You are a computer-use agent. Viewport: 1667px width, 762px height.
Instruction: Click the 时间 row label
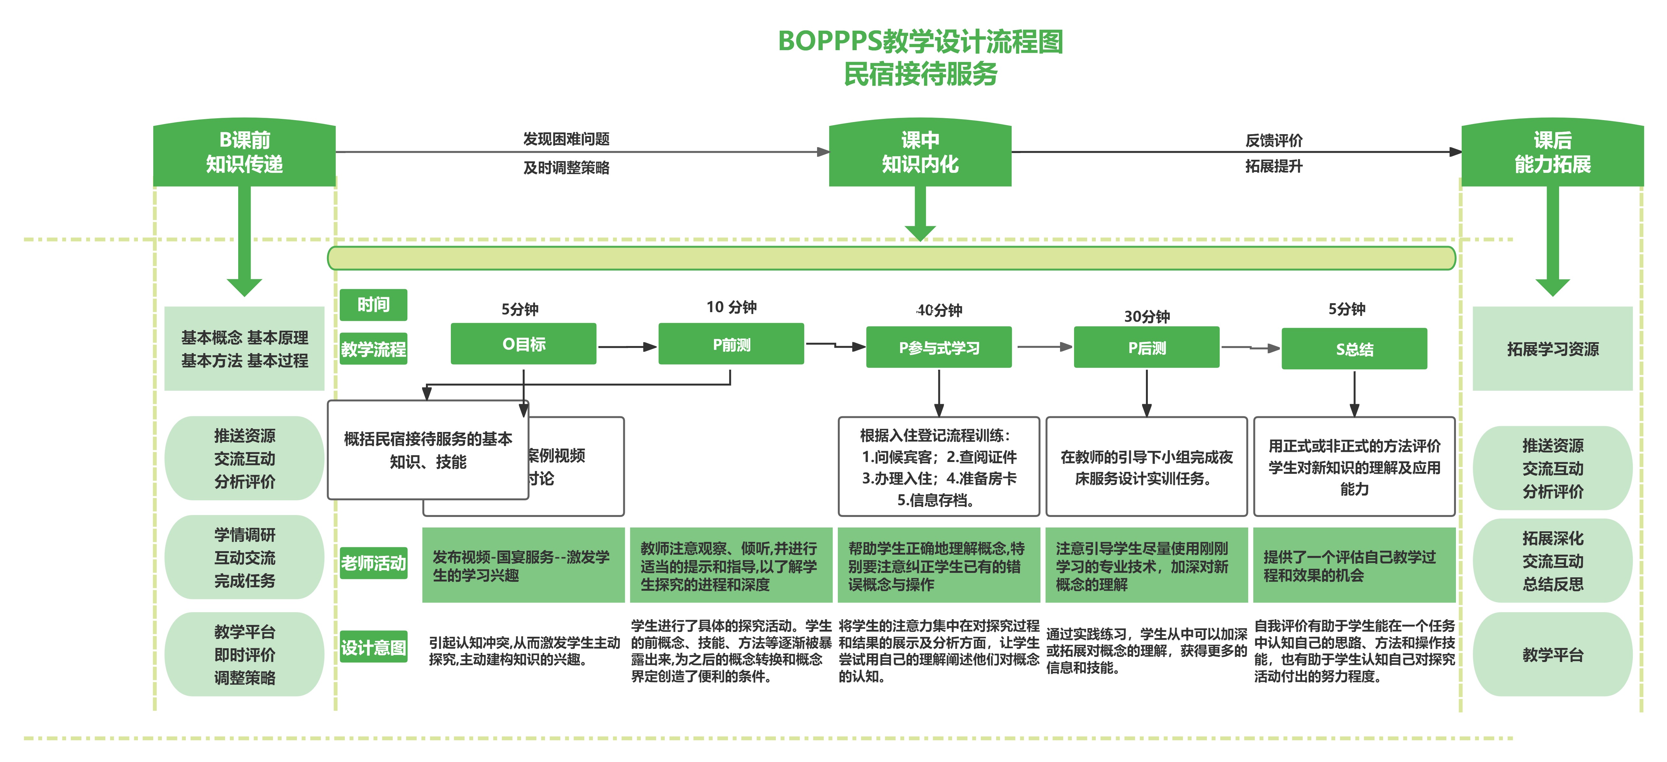click(373, 304)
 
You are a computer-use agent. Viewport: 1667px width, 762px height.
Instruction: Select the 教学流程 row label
click(373, 349)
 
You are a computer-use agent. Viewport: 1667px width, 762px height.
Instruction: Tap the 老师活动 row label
click(373, 563)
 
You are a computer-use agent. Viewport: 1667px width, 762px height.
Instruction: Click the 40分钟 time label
click(939, 310)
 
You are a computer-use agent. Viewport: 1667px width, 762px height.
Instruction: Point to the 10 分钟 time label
click(731, 307)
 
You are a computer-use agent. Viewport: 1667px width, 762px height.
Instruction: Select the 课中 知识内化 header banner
click(920, 153)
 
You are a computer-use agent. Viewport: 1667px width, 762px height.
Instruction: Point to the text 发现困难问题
click(566, 139)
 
